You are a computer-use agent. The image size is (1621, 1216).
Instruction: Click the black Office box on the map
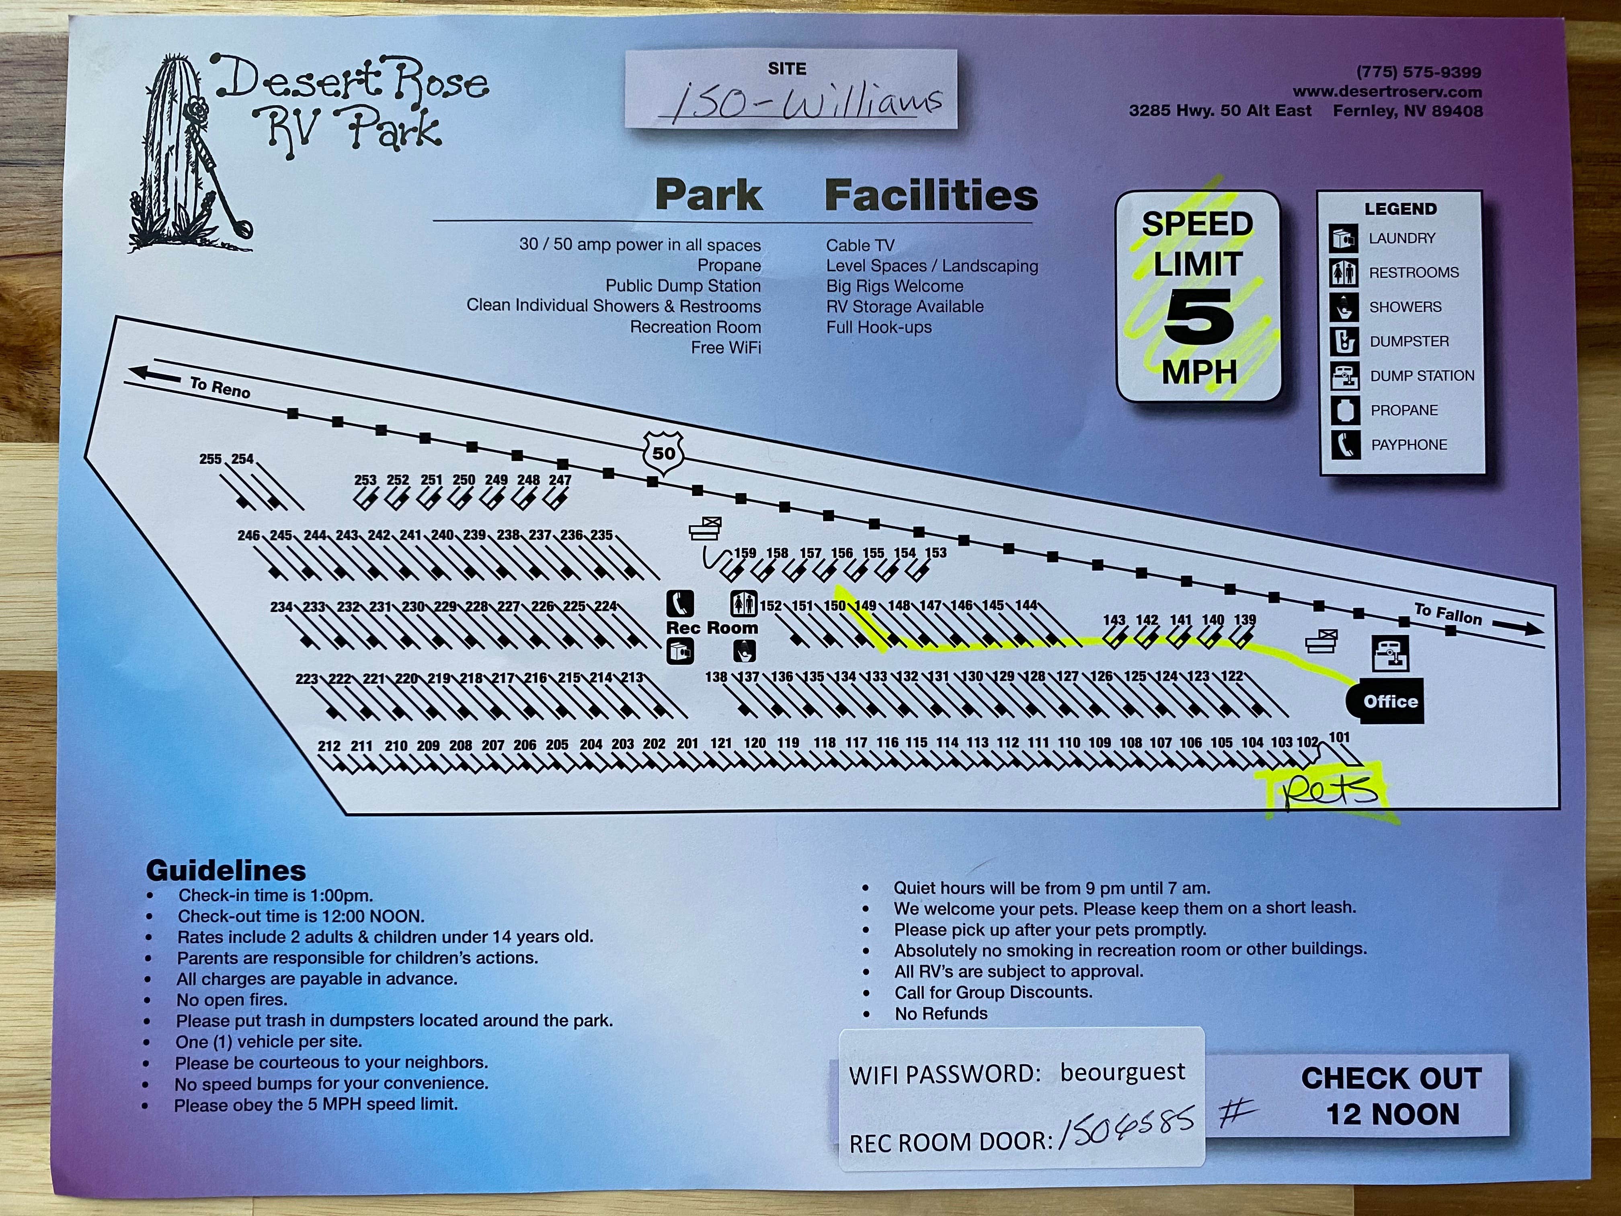[x=1385, y=701]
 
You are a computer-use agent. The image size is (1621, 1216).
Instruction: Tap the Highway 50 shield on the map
[x=663, y=453]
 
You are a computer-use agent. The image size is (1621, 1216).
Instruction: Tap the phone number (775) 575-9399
[x=1418, y=72]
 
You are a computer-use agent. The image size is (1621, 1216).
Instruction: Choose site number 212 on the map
[x=328, y=746]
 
